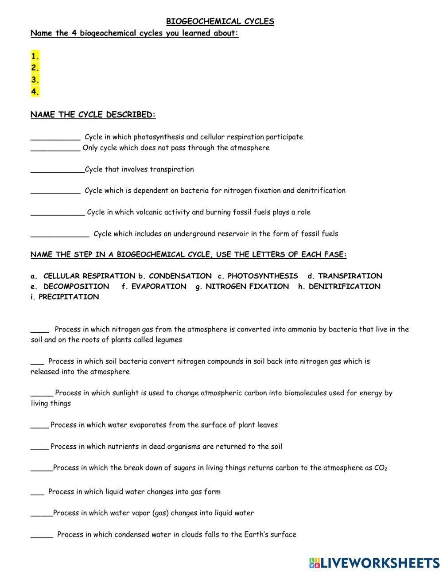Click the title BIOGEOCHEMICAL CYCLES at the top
[220, 21]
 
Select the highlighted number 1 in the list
[35, 56]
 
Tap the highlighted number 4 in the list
[35, 92]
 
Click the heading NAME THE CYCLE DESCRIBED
[93, 115]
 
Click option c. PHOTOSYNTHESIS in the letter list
[258, 276]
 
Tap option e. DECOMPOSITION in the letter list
[70, 286]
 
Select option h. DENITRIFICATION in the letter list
[339, 286]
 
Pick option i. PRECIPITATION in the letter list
[65, 297]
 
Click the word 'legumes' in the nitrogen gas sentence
[169, 340]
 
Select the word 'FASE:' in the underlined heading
[335, 254]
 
